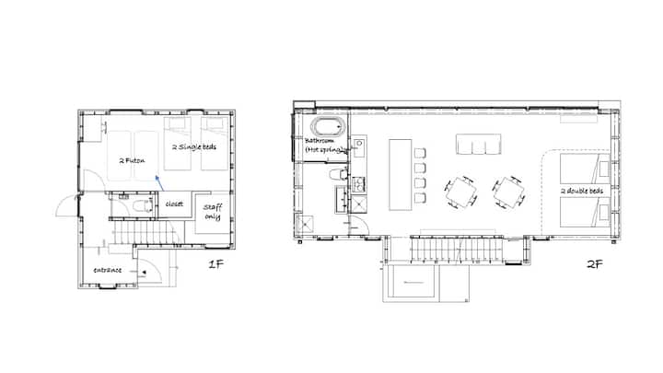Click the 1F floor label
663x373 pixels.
pos(215,264)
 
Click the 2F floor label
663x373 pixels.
pos(594,264)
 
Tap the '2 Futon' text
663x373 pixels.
pos(132,160)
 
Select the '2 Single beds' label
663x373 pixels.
pos(194,147)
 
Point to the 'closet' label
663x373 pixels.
pos(174,204)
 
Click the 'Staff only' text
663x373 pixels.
pos(213,212)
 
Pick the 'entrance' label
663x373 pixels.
pos(108,270)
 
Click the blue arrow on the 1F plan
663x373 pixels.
pos(159,183)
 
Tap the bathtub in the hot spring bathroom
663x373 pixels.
pos(328,126)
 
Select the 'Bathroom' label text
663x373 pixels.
pos(320,140)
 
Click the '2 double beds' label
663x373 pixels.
pos(582,191)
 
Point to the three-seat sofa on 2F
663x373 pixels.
pos(479,145)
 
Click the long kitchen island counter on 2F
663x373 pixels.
pos(400,175)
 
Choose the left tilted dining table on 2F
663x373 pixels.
pos(461,192)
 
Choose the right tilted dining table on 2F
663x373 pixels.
pos(509,192)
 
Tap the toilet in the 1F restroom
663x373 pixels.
pos(143,206)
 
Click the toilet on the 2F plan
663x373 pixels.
pos(338,174)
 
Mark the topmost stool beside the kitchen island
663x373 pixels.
pos(420,153)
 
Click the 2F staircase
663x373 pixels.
pos(457,250)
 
